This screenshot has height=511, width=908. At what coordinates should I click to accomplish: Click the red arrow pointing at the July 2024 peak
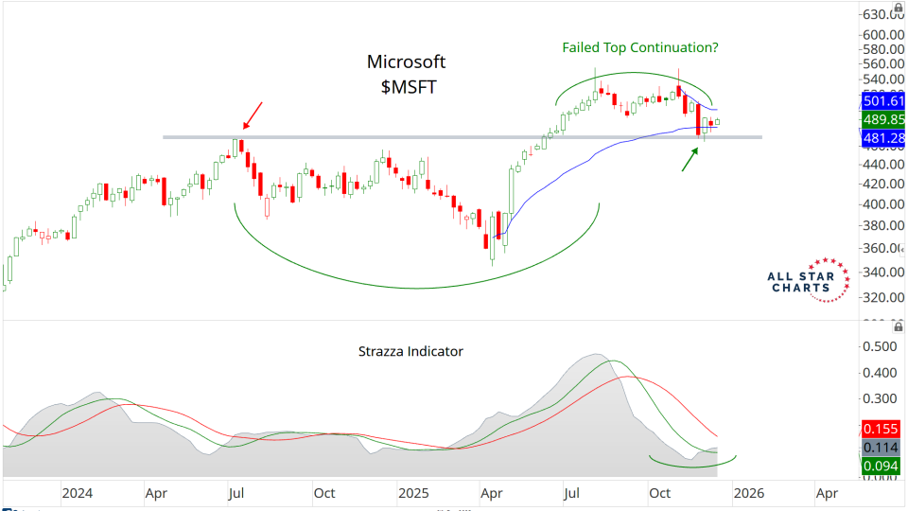click(x=253, y=115)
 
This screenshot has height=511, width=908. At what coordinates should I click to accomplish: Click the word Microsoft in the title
click(x=406, y=62)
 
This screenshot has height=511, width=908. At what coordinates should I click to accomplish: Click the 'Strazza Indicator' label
click(x=410, y=351)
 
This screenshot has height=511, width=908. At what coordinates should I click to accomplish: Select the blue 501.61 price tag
click(x=883, y=101)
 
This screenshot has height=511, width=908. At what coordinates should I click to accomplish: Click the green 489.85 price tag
click(x=883, y=120)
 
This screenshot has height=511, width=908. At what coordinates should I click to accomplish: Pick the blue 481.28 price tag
click(x=883, y=138)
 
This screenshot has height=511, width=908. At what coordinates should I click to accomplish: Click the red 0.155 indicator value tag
click(x=883, y=428)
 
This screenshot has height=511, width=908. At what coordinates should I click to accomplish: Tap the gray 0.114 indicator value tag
click(x=883, y=447)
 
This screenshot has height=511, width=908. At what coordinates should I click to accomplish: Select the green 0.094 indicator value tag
click(x=883, y=466)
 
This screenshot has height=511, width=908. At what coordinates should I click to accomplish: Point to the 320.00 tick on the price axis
click(x=883, y=297)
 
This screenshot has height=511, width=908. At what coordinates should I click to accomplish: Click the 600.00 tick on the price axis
click(x=883, y=34)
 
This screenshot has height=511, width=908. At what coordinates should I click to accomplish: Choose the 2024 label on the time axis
click(x=78, y=493)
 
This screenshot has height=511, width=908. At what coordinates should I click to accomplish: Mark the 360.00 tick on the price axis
click(x=883, y=248)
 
